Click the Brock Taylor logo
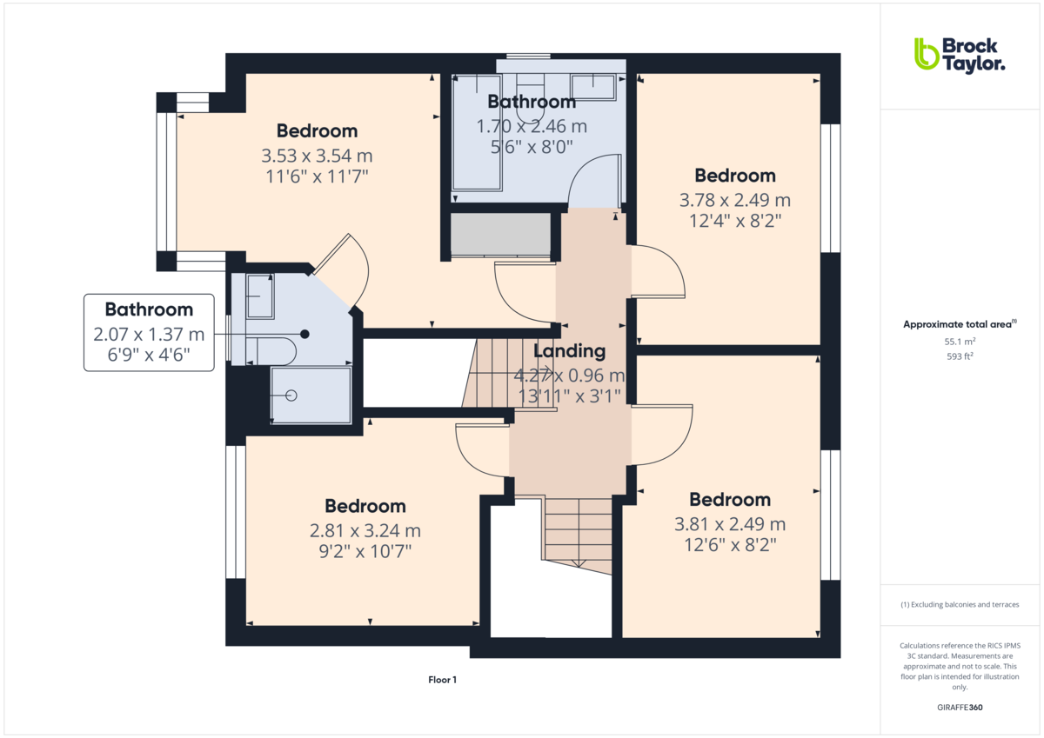click(959, 54)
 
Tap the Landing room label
click(569, 351)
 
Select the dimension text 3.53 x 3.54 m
click(317, 156)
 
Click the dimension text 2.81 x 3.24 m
click(365, 530)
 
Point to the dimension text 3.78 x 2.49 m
click(734, 200)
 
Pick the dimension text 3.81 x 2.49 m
click(730, 524)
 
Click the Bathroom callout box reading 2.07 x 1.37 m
click(149, 334)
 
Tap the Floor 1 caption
click(442, 680)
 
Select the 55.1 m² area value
click(960, 342)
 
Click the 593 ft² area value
click(960, 356)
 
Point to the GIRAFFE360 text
click(960, 708)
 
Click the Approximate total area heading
click(959, 324)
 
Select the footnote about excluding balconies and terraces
click(960, 604)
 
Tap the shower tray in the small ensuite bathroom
click(311, 396)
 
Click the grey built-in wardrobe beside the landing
click(500, 235)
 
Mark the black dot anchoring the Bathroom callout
click(304, 334)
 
